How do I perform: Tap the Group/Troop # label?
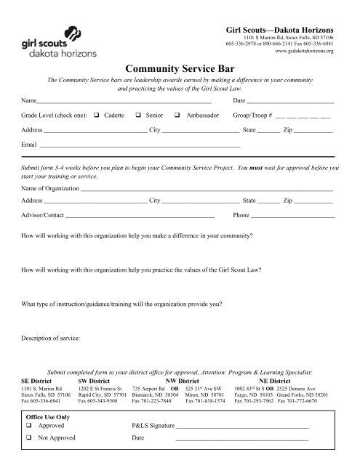pos(252,116)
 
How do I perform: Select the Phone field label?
pos(241,216)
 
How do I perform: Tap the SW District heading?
pos(94,379)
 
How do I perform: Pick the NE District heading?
pos(274,379)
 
